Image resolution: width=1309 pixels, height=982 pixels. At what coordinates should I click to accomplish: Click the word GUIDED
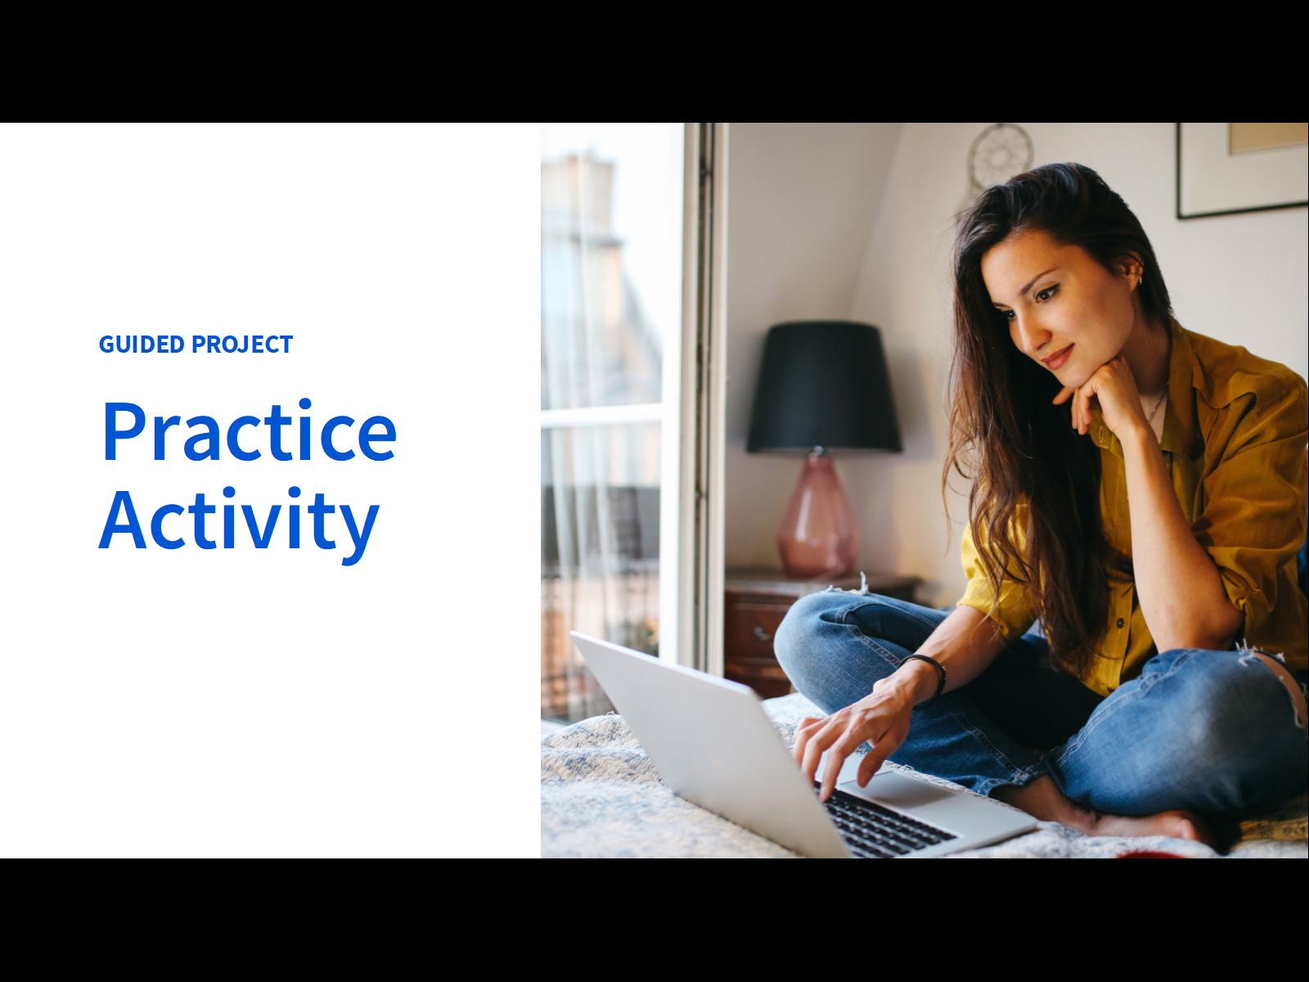point(142,345)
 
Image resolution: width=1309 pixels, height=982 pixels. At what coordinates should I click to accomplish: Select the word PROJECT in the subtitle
point(242,345)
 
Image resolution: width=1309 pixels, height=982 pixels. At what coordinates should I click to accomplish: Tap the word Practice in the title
point(250,431)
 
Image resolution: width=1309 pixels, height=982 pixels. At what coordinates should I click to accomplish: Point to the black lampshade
point(824,387)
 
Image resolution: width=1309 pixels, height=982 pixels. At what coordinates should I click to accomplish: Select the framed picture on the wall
point(1242,170)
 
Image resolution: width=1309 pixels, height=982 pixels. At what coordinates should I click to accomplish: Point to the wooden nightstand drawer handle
point(760,633)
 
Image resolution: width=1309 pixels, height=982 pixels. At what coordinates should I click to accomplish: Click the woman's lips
point(1057,358)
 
